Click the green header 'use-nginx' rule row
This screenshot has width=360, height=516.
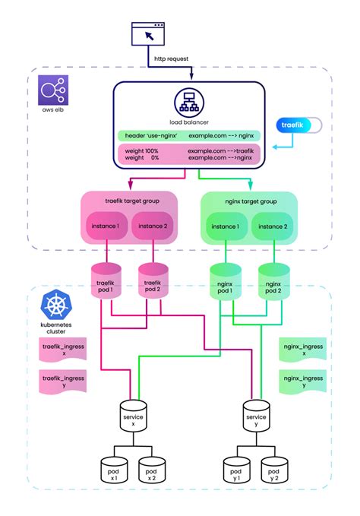tap(188, 135)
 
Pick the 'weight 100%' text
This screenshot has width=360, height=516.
tap(143, 151)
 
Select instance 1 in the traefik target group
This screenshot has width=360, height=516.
tap(106, 226)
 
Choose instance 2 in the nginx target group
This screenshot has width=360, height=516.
tap(271, 226)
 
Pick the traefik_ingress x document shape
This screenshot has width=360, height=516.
tap(62, 350)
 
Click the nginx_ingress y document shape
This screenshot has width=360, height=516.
tap(302, 378)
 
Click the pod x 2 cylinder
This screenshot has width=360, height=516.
tap(152, 471)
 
